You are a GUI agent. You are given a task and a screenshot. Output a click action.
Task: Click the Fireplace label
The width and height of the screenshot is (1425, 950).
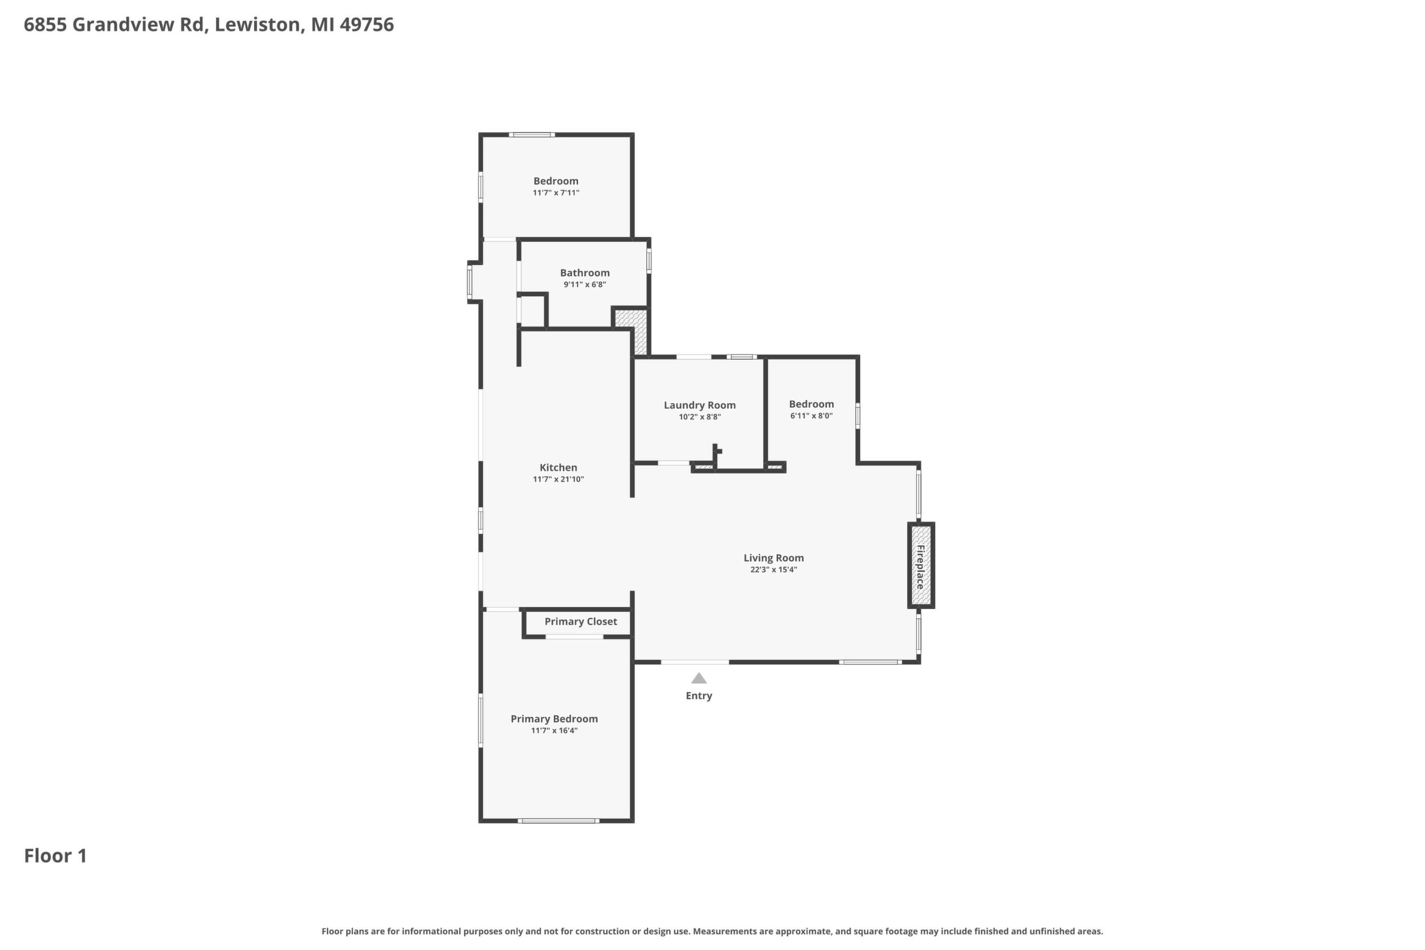coord(920,566)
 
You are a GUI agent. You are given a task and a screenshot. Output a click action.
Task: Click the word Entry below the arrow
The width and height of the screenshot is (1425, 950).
coord(699,695)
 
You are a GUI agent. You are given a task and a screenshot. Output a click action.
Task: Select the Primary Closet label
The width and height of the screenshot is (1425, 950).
coord(581,621)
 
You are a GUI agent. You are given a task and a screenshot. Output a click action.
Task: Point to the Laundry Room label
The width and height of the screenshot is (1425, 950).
coord(700,405)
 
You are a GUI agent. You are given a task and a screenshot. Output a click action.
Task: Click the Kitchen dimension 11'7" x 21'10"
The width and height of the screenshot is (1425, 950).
coord(558,479)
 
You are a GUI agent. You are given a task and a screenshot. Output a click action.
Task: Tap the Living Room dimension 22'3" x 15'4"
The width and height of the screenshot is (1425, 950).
coord(773,570)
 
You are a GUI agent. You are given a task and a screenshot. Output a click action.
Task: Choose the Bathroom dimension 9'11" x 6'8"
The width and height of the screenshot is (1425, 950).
coord(585,284)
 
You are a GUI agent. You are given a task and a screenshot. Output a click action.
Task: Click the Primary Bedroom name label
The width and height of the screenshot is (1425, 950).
coord(554,719)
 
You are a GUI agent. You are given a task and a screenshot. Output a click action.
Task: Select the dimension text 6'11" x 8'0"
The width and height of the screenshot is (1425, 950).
coord(811,416)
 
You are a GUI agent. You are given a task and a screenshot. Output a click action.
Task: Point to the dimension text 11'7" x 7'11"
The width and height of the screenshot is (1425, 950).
coord(555,192)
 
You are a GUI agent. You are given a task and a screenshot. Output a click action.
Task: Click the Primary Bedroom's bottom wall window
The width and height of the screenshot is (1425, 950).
coord(558,821)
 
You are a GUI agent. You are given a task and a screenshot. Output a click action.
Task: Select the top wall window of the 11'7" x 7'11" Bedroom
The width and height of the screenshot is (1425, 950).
coord(532,135)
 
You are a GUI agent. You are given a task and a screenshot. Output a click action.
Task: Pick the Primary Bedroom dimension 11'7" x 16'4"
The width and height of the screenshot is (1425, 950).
coord(554,731)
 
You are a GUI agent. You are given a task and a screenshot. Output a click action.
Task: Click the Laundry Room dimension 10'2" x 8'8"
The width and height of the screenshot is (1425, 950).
coord(700,417)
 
